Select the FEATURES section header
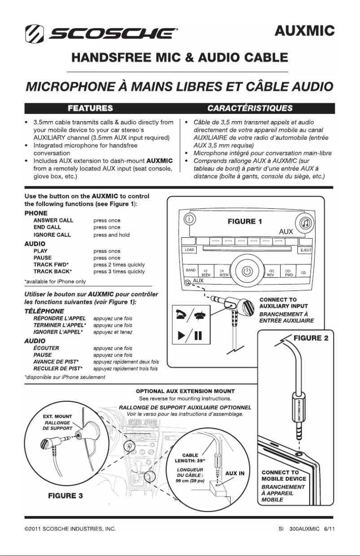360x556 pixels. coord(90,108)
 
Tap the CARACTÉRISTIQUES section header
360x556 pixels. coord(250,108)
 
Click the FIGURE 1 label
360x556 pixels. coord(246,221)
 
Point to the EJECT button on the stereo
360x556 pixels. coord(305,250)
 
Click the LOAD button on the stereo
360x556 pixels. coord(189,250)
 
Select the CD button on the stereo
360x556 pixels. coord(303,272)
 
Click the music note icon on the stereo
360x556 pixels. coord(304,223)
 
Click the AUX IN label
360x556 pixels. coord(235,473)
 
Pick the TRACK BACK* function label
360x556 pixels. coord(53,271)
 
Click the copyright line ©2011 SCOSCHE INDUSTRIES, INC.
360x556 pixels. coord(70,529)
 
